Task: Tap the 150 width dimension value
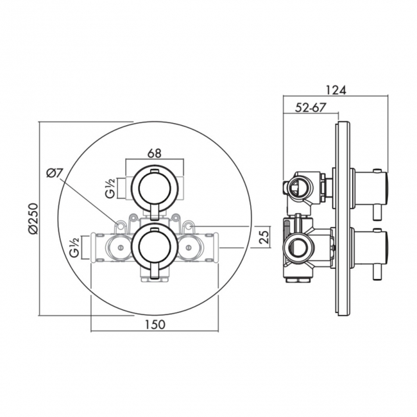[x=155, y=324]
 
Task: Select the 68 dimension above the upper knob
[x=155, y=153]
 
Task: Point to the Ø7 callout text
[x=54, y=173]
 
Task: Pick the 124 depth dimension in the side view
[x=336, y=90]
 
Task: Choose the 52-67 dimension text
[x=311, y=108]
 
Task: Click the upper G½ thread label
[x=110, y=188]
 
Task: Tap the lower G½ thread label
[x=74, y=248]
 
